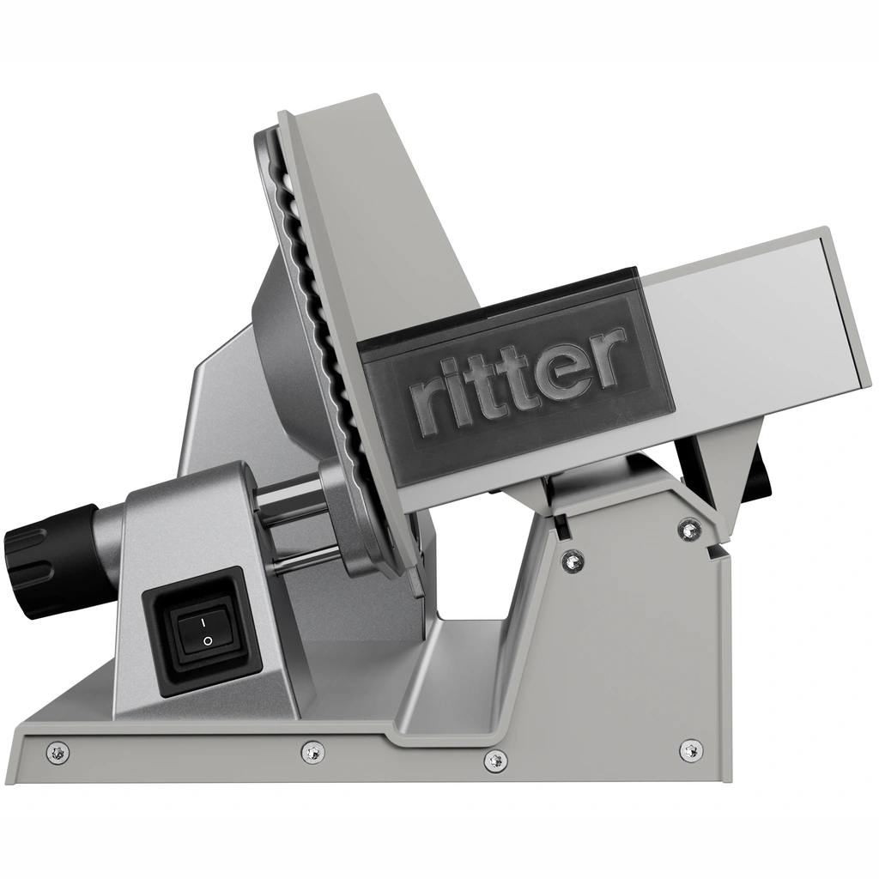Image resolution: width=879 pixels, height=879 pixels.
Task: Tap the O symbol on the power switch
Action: click(207, 640)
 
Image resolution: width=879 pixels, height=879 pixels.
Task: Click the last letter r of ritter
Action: click(607, 355)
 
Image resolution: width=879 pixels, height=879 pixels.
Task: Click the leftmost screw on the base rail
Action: click(58, 753)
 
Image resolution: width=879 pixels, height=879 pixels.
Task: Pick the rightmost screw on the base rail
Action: click(691, 749)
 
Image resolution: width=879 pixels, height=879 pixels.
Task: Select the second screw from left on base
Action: click(313, 752)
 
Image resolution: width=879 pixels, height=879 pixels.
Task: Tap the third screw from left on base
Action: click(495, 760)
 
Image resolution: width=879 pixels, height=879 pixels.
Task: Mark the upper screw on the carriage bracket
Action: click(689, 530)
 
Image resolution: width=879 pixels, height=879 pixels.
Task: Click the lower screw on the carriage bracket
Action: click(573, 562)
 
